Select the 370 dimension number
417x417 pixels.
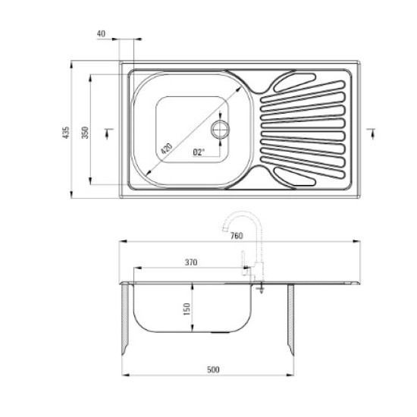point(190,262)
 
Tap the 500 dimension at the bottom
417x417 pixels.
point(213,369)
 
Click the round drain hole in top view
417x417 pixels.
point(221,127)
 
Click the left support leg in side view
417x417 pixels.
point(125,318)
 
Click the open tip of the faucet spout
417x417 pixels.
point(224,234)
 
